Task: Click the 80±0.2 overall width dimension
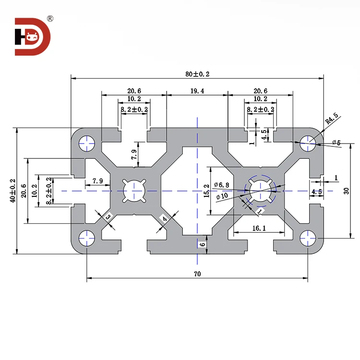[197, 74]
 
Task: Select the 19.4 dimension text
[197, 91]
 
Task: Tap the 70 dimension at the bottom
[197, 274]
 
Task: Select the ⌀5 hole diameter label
[336, 143]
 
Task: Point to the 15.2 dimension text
[206, 190]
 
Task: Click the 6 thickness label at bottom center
[202, 244]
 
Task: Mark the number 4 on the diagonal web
[164, 219]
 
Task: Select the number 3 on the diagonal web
[108, 217]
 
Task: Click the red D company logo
[33, 37]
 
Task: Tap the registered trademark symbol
[49, 19]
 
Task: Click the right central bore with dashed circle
[260, 190]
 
